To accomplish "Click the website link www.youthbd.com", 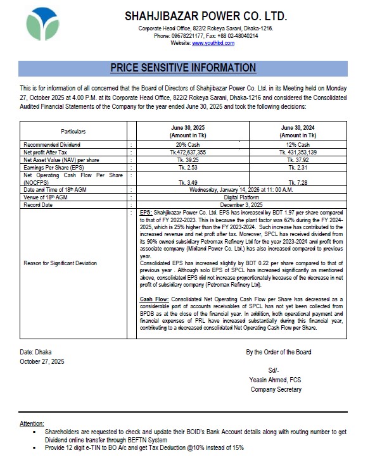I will click(x=210, y=43).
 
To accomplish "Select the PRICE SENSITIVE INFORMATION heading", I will click(x=183, y=68).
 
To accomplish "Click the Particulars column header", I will click(x=73, y=131).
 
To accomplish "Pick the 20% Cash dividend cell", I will click(x=189, y=145).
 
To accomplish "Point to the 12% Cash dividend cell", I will click(x=300, y=145).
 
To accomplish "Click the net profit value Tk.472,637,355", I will click(x=189, y=152).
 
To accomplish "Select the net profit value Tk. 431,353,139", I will click(x=300, y=152).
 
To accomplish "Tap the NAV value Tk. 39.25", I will click(x=189, y=159).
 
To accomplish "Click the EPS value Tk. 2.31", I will click(x=300, y=167).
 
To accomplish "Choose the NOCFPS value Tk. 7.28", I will click(x=300, y=182).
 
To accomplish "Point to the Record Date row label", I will click(x=39, y=204).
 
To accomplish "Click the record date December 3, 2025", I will click(x=244, y=204).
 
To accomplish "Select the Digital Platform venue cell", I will click(x=244, y=197).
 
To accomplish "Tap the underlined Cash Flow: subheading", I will click(x=153, y=297).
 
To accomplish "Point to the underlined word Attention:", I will click(x=32, y=423).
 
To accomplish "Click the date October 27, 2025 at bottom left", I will click(x=42, y=361).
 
